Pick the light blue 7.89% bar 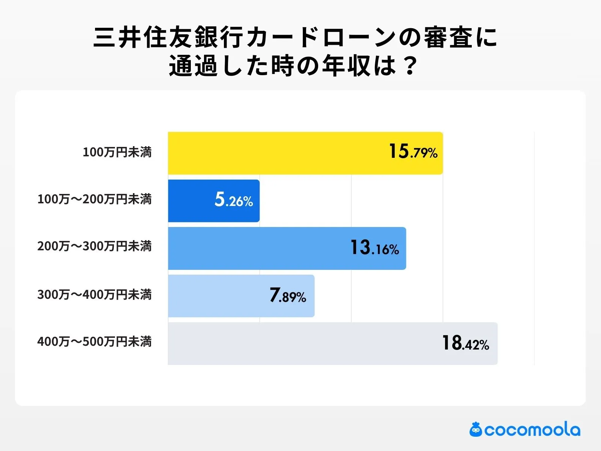pyautogui.click(x=218, y=296)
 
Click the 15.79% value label pyautogui.click(x=413, y=152)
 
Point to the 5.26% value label pyautogui.click(x=234, y=200)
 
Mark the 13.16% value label pyautogui.click(x=374, y=248)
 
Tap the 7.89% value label pyautogui.click(x=288, y=296)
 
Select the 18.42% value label pyautogui.click(x=465, y=344)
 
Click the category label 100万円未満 pyautogui.click(x=117, y=152)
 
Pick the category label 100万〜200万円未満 pyautogui.click(x=95, y=199)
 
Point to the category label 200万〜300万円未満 pyautogui.click(x=95, y=246)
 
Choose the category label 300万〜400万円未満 pyautogui.click(x=95, y=294)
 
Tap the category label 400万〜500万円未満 pyautogui.click(x=95, y=342)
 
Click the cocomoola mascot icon pyautogui.click(x=476, y=430)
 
